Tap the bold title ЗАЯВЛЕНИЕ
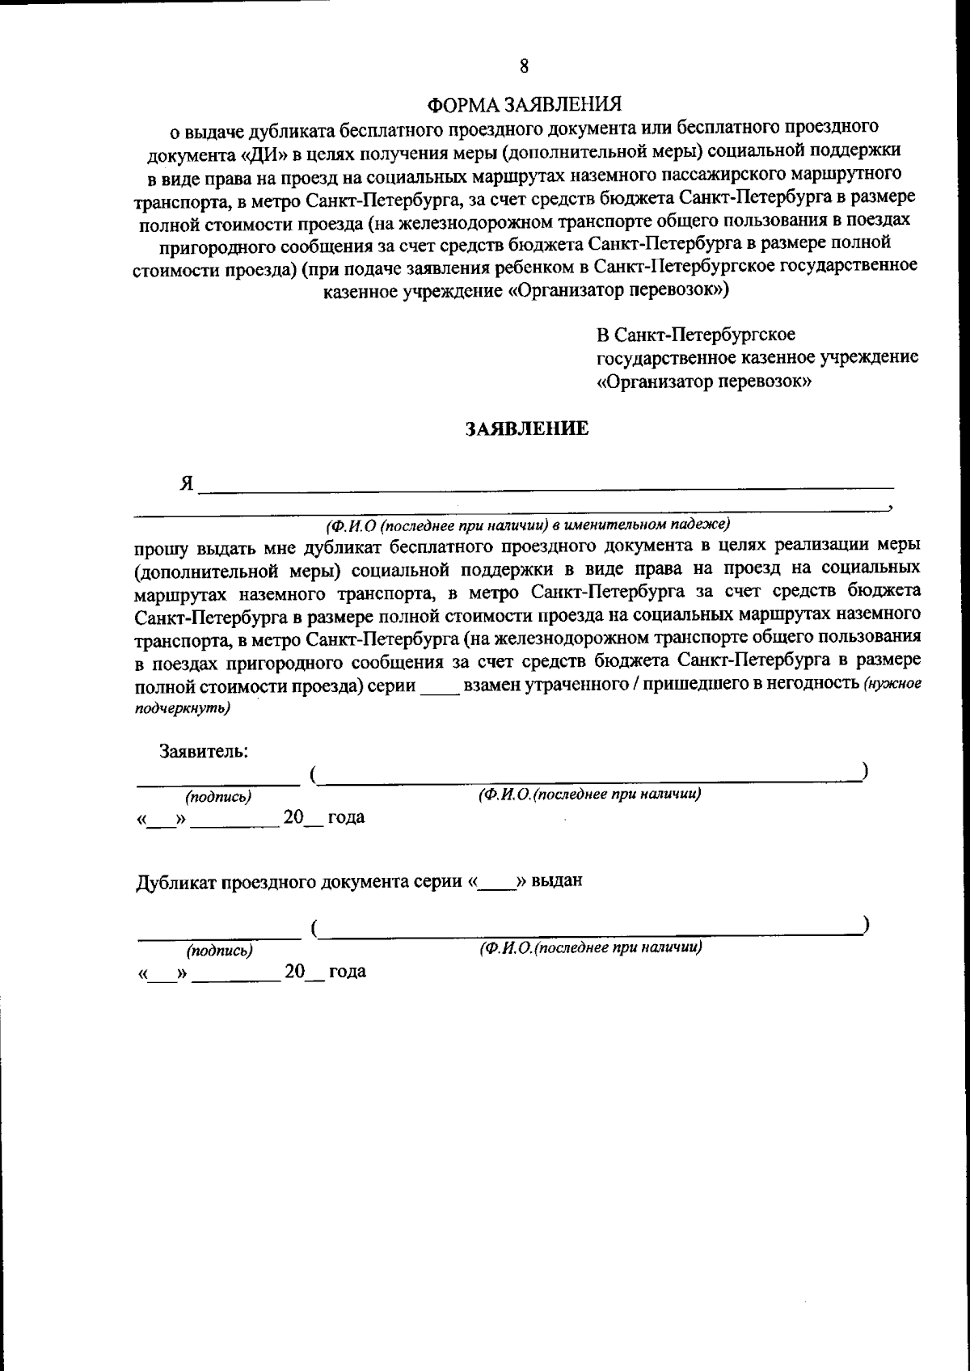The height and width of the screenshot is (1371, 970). tap(526, 429)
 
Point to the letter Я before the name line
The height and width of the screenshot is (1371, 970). tap(187, 483)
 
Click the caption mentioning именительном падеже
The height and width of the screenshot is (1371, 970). tap(526, 523)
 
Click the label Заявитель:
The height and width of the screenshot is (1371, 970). tap(204, 751)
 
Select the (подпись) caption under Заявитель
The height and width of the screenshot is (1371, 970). tap(218, 797)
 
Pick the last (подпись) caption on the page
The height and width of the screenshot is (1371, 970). tap(218, 951)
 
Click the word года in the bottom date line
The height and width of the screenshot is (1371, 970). tap(347, 971)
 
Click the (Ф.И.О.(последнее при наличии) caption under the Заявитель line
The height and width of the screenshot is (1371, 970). tap(589, 795)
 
